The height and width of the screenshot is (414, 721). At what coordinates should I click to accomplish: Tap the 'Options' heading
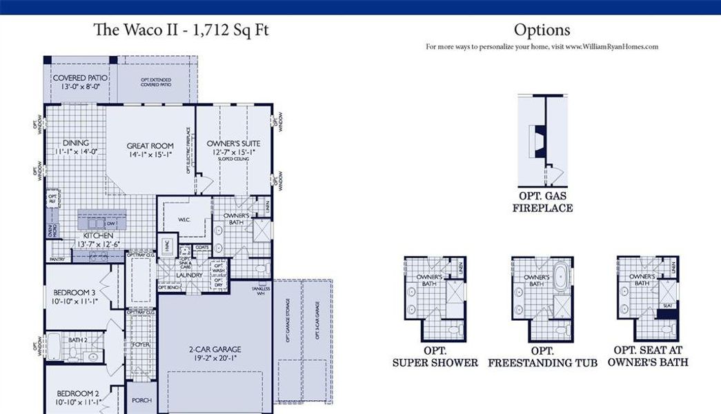tap(542, 30)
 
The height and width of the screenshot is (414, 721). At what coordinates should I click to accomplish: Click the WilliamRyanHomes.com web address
tap(620, 47)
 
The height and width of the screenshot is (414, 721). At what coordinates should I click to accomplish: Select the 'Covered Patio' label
tap(79, 78)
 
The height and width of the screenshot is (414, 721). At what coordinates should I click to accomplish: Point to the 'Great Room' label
tap(150, 146)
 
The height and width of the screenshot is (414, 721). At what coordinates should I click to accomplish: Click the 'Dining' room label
tap(76, 143)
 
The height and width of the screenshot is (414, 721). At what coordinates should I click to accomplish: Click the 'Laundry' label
tap(188, 275)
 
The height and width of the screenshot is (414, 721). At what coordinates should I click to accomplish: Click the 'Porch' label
tap(141, 400)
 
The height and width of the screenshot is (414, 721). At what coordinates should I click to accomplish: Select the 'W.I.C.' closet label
tap(184, 221)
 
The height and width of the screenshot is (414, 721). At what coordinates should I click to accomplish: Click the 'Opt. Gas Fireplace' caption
tap(542, 201)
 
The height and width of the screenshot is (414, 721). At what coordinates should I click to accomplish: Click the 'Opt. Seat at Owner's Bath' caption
tap(648, 356)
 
